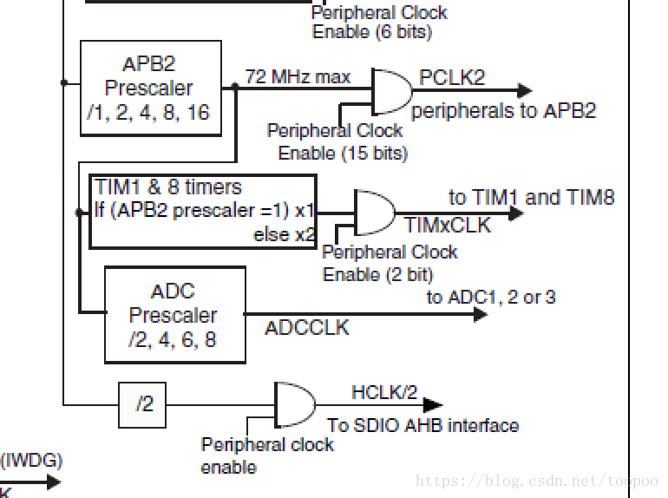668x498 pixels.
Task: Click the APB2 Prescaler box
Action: pyautogui.click(x=150, y=88)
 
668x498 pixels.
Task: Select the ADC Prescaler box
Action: pyautogui.click(x=174, y=314)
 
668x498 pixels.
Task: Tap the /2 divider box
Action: pyautogui.click(x=142, y=404)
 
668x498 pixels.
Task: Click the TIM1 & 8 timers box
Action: pyautogui.click(x=203, y=211)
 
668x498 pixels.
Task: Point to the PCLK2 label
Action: pyautogui.click(x=452, y=77)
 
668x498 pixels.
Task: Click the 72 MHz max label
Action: pyautogui.click(x=298, y=77)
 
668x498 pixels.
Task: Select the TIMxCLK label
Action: pyautogui.click(x=448, y=226)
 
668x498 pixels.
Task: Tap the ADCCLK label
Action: pyautogui.click(x=306, y=327)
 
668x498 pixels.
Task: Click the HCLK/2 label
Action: pyautogui.click(x=384, y=392)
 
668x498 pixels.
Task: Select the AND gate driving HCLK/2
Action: pyautogui.click(x=294, y=404)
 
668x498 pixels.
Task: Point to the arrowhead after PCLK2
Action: pyautogui.click(x=523, y=90)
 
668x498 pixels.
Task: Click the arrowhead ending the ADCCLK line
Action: pyautogui.click(x=480, y=314)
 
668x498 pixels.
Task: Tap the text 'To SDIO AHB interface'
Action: pyautogui.click(x=422, y=425)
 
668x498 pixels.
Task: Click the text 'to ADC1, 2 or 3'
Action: pyautogui.click(x=491, y=297)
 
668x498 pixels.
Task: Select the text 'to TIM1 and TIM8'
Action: pyautogui.click(x=531, y=197)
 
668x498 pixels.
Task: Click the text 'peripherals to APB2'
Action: pyautogui.click(x=503, y=110)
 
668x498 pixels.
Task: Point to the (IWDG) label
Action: pyautogui.click(x=31, y=460)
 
